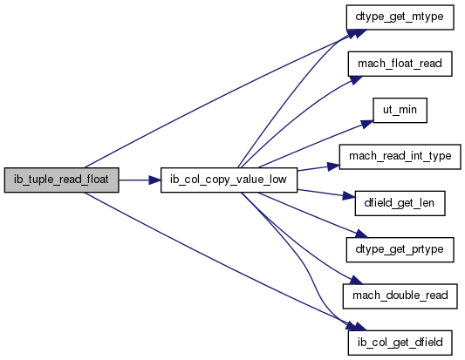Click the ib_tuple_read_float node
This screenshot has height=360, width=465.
(x=62, y=180)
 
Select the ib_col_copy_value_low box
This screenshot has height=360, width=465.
(x=229, y=180)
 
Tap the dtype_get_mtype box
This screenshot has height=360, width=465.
(x=400, y=17)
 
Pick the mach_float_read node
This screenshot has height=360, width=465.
(x=400, y=64)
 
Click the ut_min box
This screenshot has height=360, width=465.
(x=400, y=110)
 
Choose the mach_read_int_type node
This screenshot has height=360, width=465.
(x=400, y=157)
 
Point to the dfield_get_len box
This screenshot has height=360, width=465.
(x=400, y=203)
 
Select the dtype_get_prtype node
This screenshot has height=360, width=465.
(x=400, y=249)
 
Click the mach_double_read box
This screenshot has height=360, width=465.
(x=400, y=296)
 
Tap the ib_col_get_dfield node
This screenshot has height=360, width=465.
(x=400, y=343)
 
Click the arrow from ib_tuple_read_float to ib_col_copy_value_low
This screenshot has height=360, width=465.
(x=140, y=180)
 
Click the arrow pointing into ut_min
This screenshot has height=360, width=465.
(x=314, y=144)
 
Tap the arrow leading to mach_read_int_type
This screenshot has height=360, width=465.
(x=318, y=168)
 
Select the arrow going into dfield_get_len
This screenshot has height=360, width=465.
(x=326, y=194)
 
